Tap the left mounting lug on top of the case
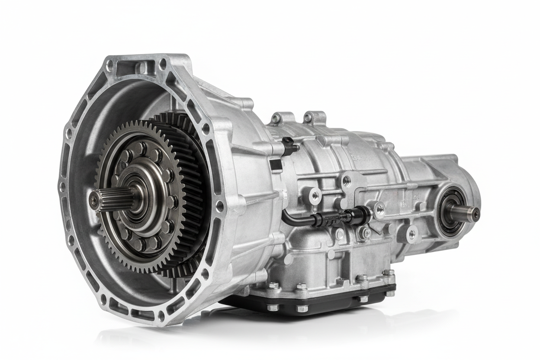[x=277, y=118]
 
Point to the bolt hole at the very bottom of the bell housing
[x=161, y=316]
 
